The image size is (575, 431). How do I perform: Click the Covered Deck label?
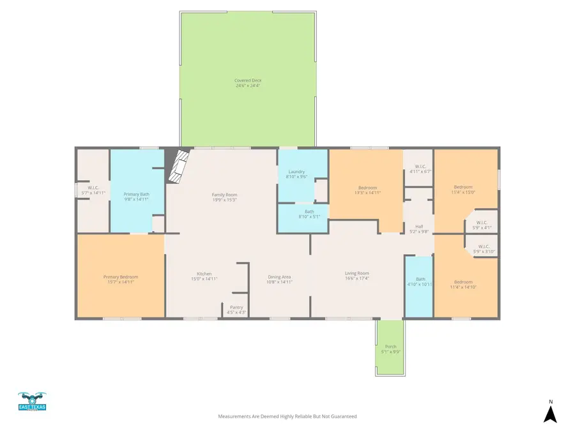click(248, 83)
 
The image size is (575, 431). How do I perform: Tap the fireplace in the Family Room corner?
click(179, 166)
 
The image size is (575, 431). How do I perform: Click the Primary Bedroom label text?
click(121, 279)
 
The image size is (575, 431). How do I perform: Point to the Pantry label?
click(236, 310)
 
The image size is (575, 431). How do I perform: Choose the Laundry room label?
click(296, 174)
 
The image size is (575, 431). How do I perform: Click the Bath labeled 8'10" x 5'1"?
click(309, 214)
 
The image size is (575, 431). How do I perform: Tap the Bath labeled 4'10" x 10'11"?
click(420, 281)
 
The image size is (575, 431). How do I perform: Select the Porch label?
click(390, 349)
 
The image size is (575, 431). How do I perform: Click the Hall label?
click(420, 229)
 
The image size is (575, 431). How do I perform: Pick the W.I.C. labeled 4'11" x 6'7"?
click(420, 169)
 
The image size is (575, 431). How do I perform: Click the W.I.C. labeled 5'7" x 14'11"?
click(93, 190)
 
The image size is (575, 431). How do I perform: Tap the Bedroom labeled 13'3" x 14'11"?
click(367, 190)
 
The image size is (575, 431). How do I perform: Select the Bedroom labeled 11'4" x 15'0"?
click(463, 189)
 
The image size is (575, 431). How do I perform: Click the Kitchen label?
click(204, 276)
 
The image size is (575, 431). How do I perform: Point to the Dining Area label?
click(280, 279)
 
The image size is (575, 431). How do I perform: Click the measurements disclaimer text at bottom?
click(287, 416)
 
